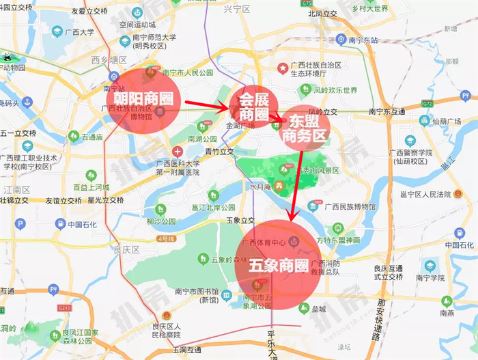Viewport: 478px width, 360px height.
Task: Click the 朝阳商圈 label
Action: [139, 98]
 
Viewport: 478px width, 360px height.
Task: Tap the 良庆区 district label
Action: [126, 250]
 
